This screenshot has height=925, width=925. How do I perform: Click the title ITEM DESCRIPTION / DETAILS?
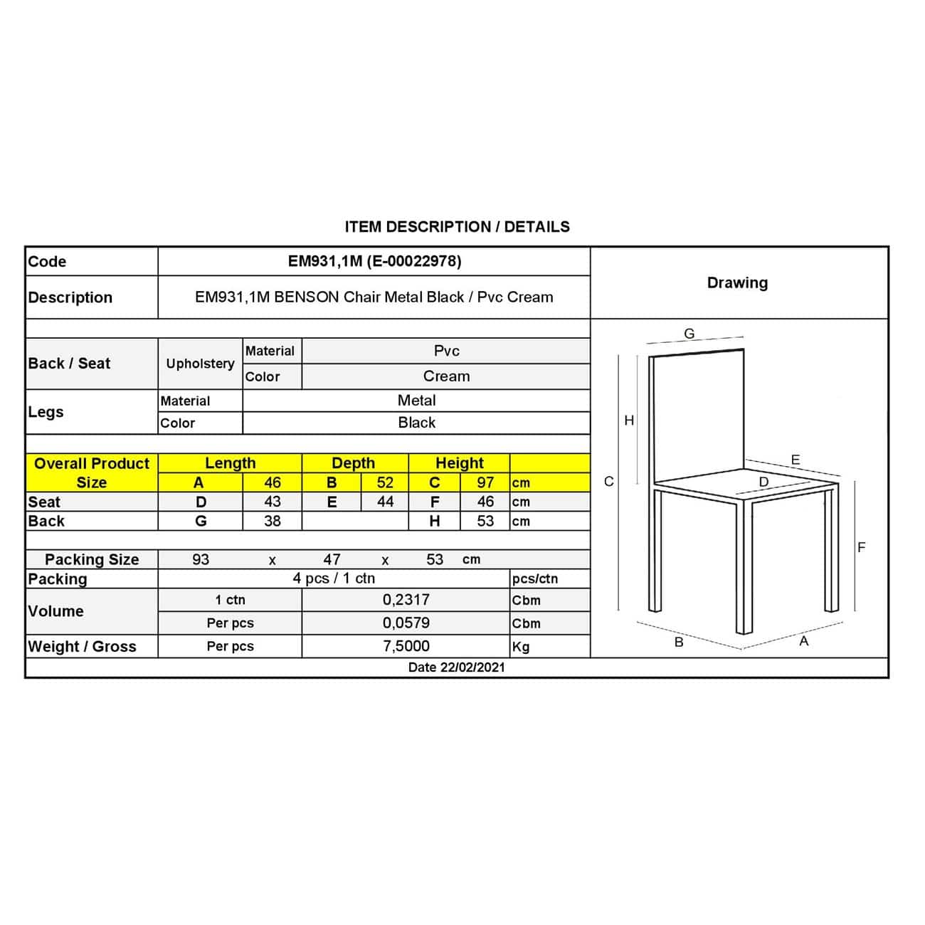[457, 227]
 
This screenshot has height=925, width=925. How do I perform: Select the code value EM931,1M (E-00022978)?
[374, 261]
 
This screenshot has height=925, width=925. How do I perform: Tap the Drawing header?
[737, 282]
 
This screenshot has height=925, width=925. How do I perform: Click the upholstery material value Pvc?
[446, 351]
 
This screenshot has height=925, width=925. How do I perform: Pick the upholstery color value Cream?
[446, 376]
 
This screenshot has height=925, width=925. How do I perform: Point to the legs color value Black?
[416, 423]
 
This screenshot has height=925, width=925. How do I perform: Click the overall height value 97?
[485, 482]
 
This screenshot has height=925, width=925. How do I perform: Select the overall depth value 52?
[385, 482]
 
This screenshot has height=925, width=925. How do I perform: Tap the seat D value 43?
[272, 502]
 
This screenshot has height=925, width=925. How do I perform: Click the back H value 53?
[485, 521]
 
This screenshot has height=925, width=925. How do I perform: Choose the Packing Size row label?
[92, 559]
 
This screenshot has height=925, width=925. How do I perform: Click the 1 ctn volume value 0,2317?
[406, 600]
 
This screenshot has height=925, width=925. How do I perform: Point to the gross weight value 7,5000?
[406, 646]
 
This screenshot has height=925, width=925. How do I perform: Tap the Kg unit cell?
[521, 647]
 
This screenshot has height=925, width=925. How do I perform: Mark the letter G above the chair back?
[689, 333]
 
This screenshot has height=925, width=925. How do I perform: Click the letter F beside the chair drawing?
[861, 547]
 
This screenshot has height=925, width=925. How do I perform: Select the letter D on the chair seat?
[763, 482]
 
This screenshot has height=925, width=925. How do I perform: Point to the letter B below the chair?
[679, 642]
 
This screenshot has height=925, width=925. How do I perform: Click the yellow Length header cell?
[230, 463]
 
